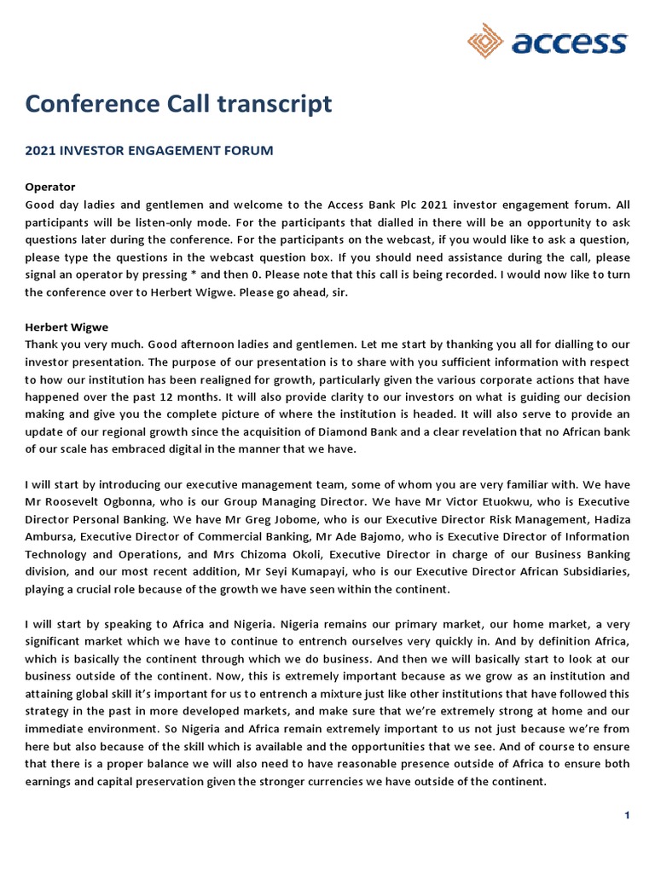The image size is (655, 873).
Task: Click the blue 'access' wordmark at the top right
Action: coord(569,43)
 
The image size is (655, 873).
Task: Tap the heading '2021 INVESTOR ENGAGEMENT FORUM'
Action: coord(149,151)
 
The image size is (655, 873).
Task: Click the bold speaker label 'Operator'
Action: coord(50,186)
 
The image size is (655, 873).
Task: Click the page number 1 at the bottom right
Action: coord(627,816)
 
